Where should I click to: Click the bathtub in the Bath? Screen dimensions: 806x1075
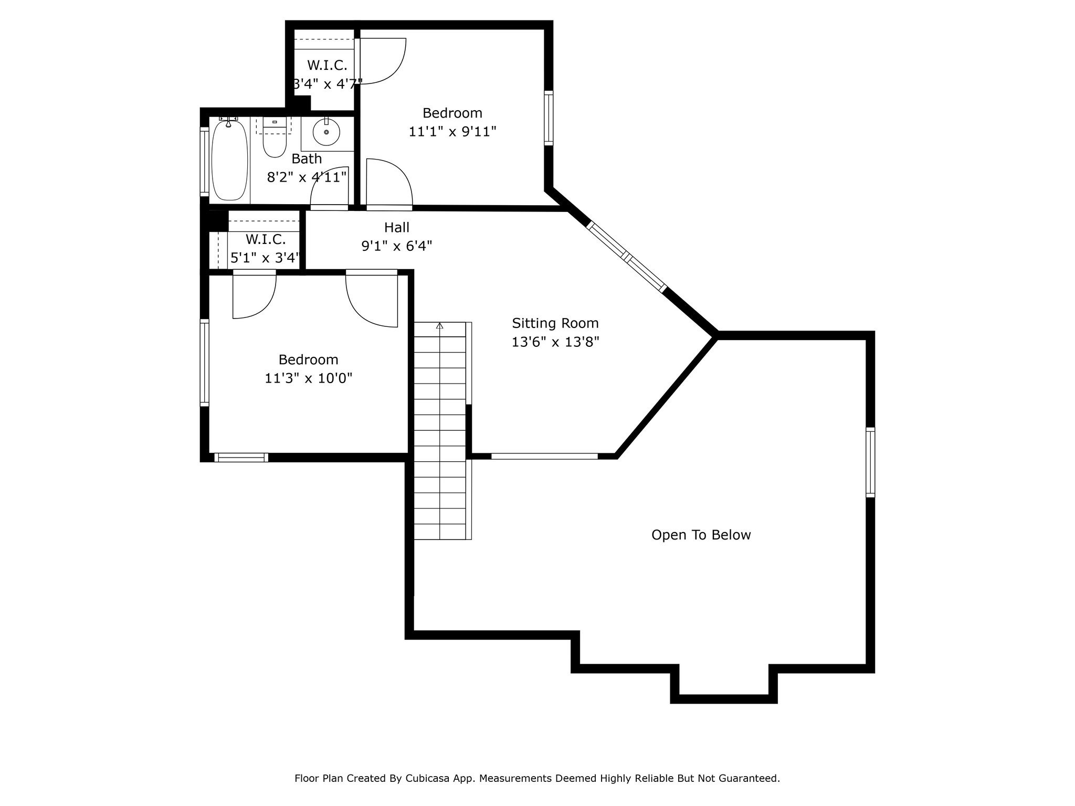click(229, 160)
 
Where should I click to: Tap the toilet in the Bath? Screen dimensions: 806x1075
click(275, 142)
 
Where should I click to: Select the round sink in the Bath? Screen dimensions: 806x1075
click(326, 132)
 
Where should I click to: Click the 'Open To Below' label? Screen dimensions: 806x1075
click(701, 535)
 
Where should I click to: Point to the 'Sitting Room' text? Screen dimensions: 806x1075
click(555, 323)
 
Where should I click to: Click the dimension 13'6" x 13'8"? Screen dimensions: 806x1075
click(555, 342)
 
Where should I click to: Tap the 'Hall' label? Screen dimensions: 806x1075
click(396, 227)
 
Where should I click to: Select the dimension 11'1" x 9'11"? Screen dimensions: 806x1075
click(452, 131)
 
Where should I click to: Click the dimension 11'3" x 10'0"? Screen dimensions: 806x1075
click(308, 378)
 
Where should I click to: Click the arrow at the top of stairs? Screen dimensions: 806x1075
click(439, 326)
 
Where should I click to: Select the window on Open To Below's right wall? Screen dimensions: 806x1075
click(870, 462)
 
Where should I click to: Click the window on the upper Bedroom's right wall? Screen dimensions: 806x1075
click(549, 118)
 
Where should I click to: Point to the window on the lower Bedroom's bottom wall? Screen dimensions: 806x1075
click(241, 458)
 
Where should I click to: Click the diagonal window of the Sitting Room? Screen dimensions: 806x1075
click(626, 256)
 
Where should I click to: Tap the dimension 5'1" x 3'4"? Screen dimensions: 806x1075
click(265, 258)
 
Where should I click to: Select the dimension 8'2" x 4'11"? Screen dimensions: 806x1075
click(307, 177)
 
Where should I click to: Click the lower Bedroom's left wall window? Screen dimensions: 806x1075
click(205, 362)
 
